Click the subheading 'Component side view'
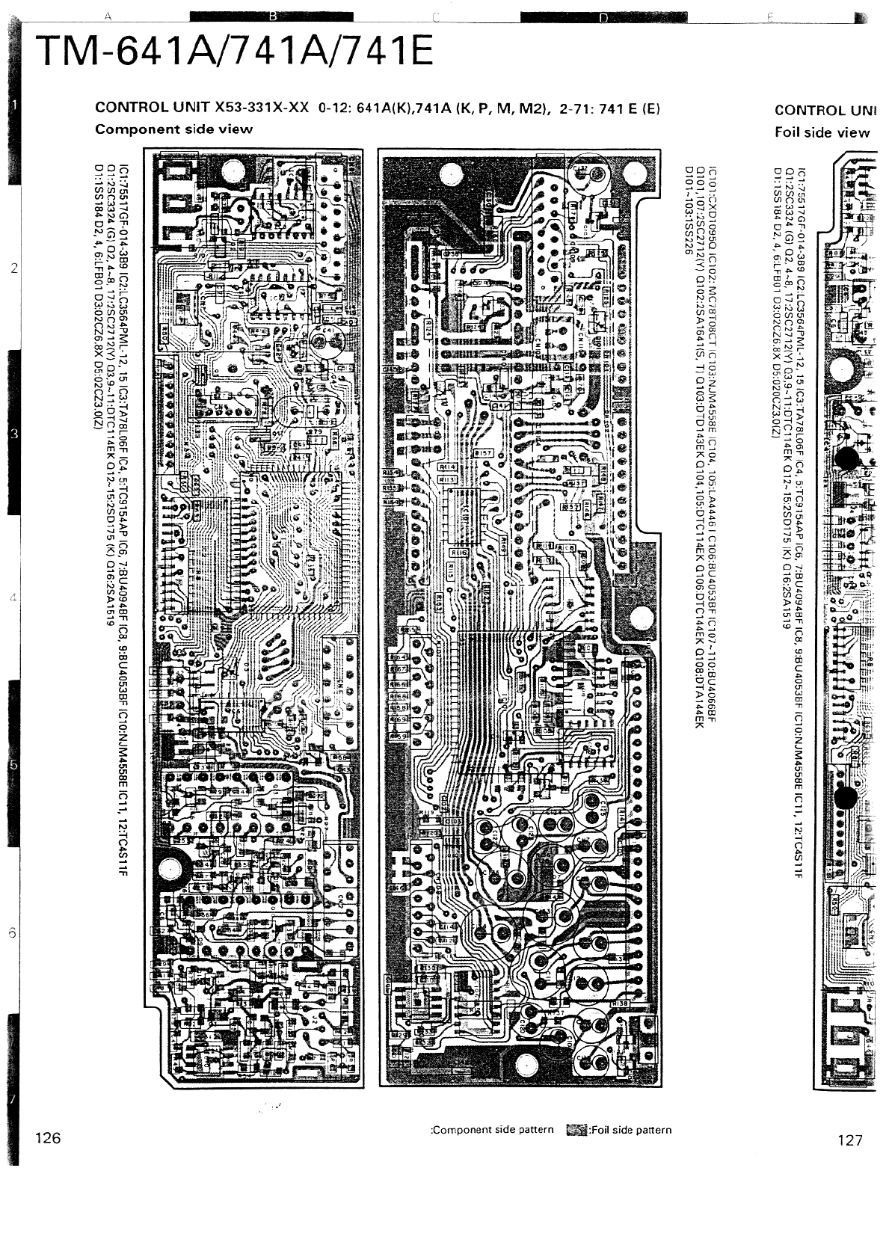pos(173,129)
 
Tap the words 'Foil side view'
pos(822,132)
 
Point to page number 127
pos(850,1140)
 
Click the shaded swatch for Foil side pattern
pos(576,1131)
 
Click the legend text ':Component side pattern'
pos(493,1130)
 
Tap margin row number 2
pos(14,268)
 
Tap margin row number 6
pos(12,933)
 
